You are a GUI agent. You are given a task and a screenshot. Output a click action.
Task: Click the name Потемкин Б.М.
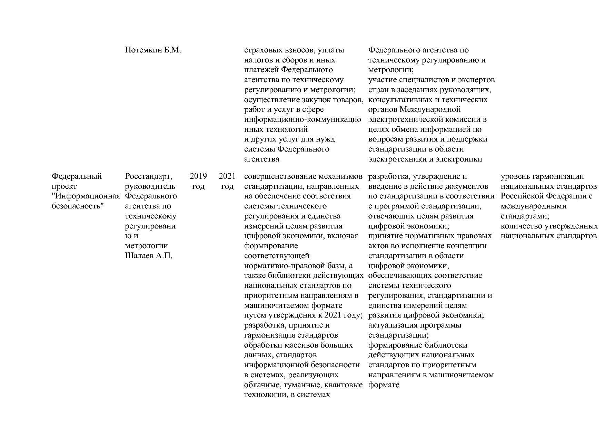(153, 50)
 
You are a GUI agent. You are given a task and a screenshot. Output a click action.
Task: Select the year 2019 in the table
(198, 176)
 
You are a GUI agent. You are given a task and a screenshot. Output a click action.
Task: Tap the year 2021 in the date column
(227, 176)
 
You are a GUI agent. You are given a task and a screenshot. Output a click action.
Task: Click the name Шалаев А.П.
(148, 256)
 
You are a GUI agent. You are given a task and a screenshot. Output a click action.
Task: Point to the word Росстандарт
(148, 176)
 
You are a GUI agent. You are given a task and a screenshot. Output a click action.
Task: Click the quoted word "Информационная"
(86, 196)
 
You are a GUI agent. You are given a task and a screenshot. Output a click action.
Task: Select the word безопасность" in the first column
(78, 206)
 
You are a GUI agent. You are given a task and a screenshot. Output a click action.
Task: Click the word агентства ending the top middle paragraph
(261, 159)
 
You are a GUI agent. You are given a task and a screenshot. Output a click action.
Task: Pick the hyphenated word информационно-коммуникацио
(302, 120)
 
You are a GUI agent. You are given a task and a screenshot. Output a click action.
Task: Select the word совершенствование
(278, 176)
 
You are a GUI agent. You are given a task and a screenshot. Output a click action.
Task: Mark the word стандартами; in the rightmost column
(525, 216)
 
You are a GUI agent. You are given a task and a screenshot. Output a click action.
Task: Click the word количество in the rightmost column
(521, 226)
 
